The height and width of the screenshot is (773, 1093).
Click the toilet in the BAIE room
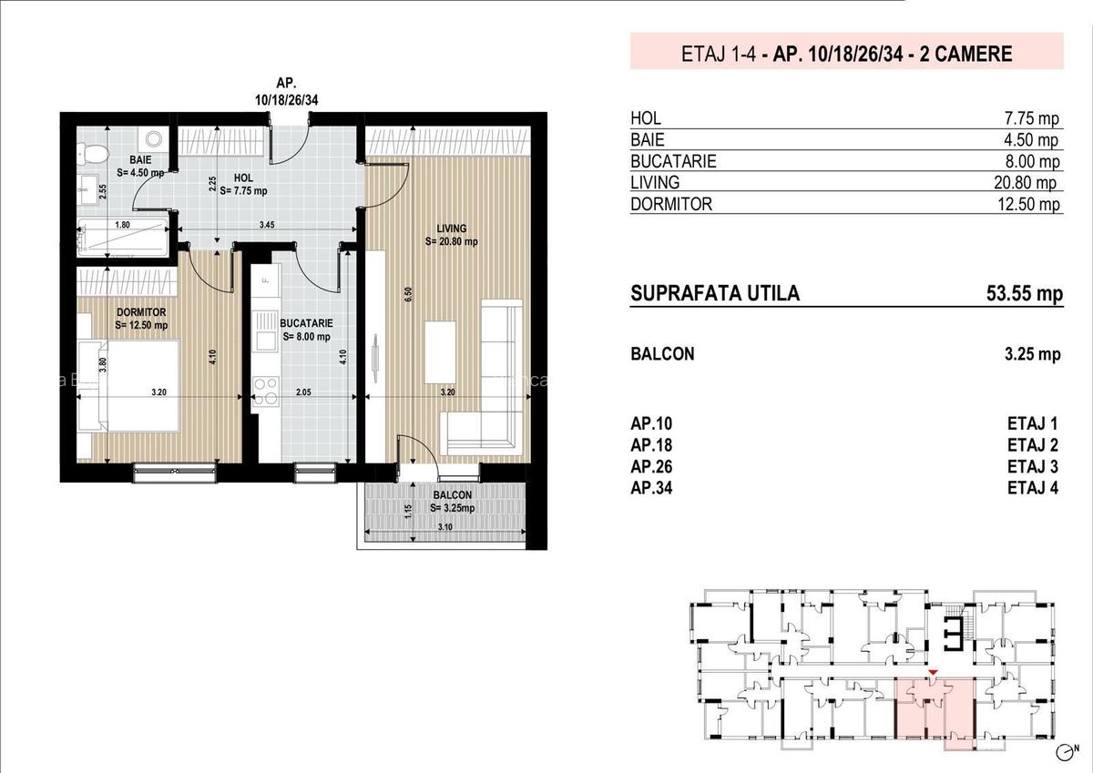(92, 153)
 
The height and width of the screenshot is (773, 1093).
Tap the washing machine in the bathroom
(153, 140)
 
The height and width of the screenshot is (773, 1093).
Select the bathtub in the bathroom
(122, 238)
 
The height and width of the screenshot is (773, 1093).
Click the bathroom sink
(88, 190)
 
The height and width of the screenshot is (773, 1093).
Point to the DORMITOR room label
(141, 311)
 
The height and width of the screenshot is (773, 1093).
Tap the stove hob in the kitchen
(265, 392)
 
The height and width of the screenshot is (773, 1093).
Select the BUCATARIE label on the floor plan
(306, 323)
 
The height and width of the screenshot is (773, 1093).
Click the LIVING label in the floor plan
(452, 229)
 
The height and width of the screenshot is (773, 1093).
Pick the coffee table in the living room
(440, 351)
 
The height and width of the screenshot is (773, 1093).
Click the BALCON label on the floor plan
(453, 495)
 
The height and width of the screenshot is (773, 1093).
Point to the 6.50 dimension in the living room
(408, 294)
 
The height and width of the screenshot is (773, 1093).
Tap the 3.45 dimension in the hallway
(267, 225)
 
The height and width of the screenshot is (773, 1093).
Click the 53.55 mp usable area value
(1025, 293)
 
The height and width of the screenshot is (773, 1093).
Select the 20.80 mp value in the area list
(1026, 182)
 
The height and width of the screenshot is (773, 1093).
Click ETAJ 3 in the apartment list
(1033, 467)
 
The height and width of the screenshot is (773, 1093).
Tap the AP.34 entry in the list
(651, 488)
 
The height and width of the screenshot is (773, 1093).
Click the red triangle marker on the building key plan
(933, 673)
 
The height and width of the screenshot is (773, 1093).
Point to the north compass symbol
(1067, 753)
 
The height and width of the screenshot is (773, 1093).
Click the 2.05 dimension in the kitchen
(303, 392)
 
